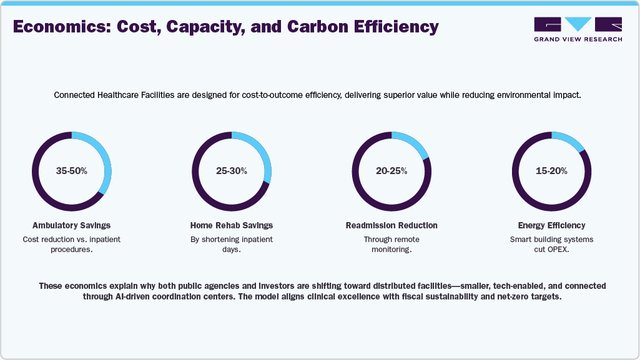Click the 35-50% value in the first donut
click(x=71, y=171)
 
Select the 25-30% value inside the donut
click(x=231, y=171)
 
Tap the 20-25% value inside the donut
click(x=391, y=171)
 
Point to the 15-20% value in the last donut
click(x=551, y=171)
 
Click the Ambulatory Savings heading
click(x=71, y=225)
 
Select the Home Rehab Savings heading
click(x=231, y=225)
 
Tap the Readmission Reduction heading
click(x=391, y=225)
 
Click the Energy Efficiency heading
click(x=551, y=225)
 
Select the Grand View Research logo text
click(x=578, y=39)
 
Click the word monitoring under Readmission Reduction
click(x=391, y=250)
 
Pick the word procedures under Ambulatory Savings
click(x=71, y=250)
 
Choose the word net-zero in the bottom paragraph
click(x=502, y=297)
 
